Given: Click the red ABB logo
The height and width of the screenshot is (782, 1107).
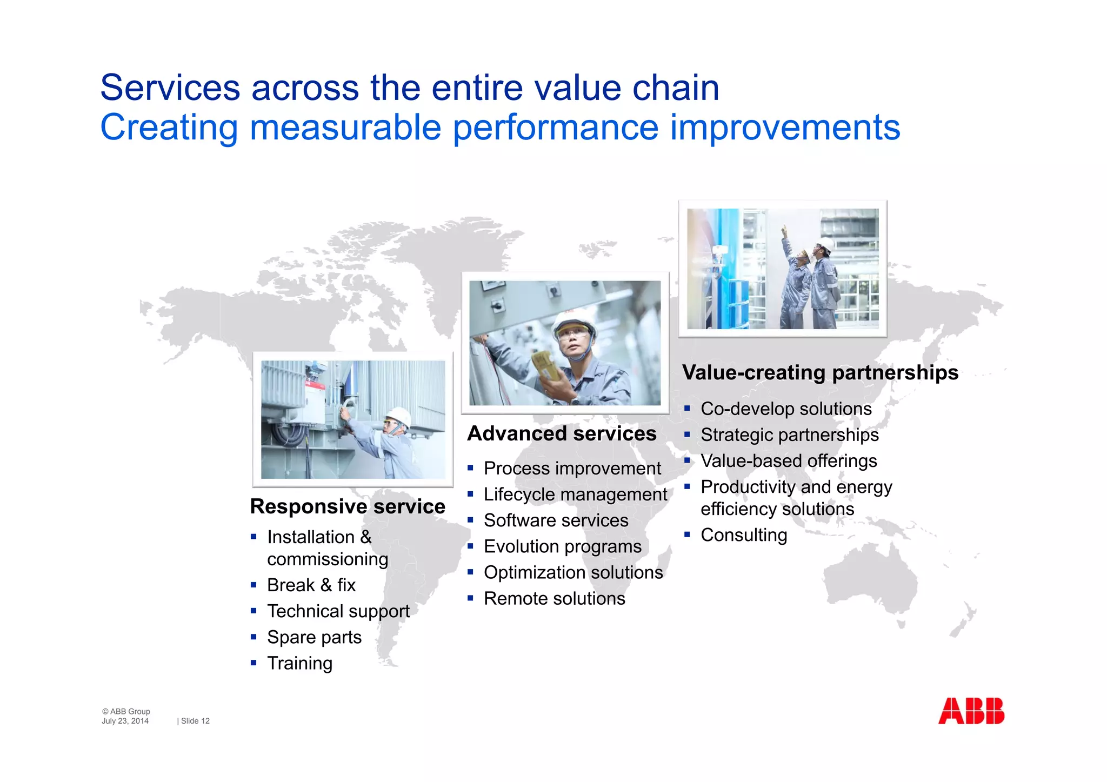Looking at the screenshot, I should coord(971,711).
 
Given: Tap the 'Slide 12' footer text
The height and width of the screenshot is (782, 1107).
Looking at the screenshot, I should coord(195,721).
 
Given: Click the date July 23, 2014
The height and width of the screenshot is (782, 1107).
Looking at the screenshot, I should coord(125,721).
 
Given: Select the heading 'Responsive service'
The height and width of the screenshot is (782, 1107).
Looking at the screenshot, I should coord(348,506).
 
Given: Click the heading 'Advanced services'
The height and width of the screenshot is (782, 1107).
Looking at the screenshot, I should coord(562,433).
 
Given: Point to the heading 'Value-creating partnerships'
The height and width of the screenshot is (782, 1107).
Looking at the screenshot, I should coord(820,372).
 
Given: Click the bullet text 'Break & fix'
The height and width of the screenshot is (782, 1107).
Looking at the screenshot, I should coord(311,585).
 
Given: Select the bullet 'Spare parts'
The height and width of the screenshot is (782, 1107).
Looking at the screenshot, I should coord(314,637).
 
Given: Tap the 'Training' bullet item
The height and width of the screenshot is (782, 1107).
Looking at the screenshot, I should coord(299,663).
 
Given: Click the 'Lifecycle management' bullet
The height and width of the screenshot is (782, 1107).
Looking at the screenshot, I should coord(575,494).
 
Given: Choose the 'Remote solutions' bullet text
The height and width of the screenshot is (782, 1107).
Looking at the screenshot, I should coord(554,599).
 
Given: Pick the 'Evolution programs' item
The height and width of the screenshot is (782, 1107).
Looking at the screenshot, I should coord(562,546).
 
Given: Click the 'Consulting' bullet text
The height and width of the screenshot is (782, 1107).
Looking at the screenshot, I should coord(744,535).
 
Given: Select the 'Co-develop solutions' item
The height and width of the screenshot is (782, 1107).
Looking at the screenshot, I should coord(786,409).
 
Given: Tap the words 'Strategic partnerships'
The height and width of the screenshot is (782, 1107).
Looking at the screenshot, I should coord(789,435).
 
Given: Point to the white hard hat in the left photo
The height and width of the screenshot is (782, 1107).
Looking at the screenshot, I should coord(399,416).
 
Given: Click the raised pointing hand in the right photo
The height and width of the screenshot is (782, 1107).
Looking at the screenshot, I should coord(784,232).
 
